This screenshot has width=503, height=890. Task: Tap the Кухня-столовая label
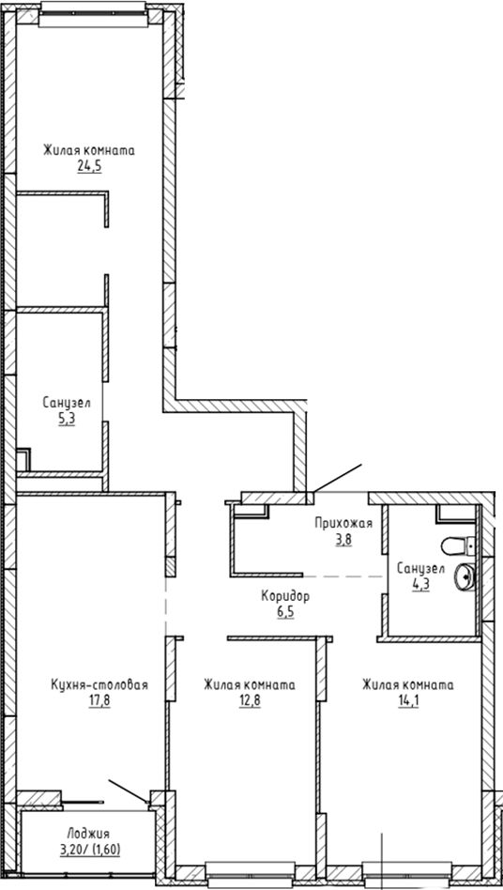[x=99, y=685]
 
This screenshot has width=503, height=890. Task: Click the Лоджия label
[x=89, y=833]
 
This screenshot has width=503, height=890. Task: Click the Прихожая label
[x=343, y=525]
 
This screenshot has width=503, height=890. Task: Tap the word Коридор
[x=285, y=596]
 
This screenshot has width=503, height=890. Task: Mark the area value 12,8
[x=249, y=699]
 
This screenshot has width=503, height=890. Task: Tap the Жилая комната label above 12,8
[x=249, y=685]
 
